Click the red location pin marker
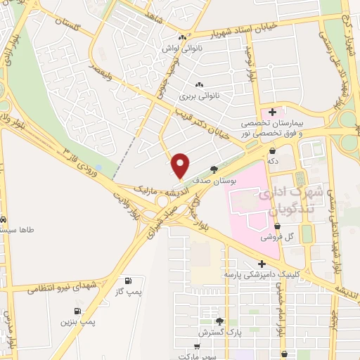(x=181, y=165)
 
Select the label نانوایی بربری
(x=199, y=94)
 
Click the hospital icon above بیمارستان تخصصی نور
(x=272, y=111)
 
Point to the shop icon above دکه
(x=271, y=150)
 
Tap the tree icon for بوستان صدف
(x=214, y=169)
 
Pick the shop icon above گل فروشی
(x=277, y=226)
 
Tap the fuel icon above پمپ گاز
(x=127, y=279)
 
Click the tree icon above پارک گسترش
(x=219, y=321)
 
